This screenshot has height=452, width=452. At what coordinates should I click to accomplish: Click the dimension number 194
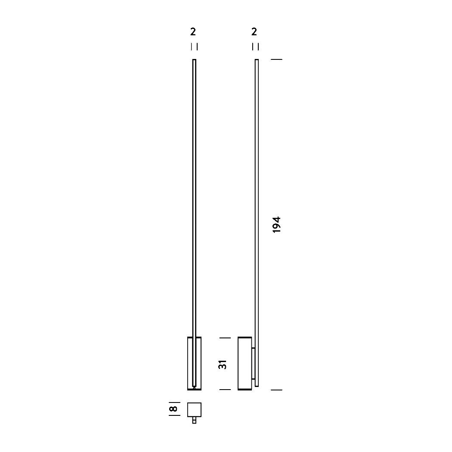click(277, 224)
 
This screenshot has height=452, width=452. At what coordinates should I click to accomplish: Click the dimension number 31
click(223, 364)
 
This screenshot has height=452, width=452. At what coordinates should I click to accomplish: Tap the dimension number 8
click(173, 409)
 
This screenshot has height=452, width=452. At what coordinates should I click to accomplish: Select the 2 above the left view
click(193, 32)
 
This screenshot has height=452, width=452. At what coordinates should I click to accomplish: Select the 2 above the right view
click(254, 32)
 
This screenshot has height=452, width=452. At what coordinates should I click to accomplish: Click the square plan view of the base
click(194, 409)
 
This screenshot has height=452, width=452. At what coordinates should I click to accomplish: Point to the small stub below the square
click(194, 421)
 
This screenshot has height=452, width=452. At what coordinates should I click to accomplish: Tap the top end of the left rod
click(194, 61)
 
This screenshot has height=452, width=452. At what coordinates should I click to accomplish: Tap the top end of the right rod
click(257, 61)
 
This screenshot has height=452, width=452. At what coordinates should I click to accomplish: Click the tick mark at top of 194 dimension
click(276, 59)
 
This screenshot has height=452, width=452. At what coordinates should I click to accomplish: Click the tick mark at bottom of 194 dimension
click(276, 390)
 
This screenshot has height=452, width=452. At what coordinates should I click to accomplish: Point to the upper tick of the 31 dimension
click(225, 338)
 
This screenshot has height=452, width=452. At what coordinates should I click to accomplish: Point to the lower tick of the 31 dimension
click(225, 390)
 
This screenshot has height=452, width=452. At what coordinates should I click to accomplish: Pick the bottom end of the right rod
click(257, 385)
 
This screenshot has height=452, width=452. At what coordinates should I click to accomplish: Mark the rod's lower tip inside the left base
click(195, 387)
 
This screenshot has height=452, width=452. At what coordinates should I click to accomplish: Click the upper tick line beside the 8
click(174, 402)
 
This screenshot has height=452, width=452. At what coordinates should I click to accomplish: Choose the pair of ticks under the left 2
click(194, 46)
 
